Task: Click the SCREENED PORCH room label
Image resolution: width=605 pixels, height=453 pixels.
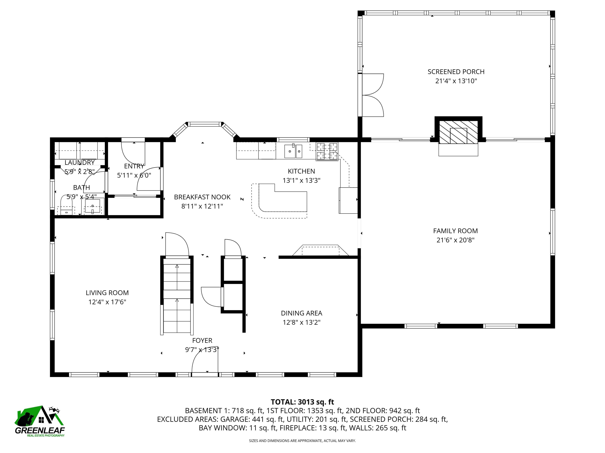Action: tap(456, 72)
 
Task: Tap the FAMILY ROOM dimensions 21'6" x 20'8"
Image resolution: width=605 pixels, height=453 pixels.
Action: tap(455, 240)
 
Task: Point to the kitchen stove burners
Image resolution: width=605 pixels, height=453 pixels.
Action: tap(327, 151)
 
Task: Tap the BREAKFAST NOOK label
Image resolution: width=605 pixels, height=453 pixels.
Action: tap(202, 197)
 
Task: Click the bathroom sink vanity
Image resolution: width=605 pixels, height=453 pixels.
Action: tap(93, 206)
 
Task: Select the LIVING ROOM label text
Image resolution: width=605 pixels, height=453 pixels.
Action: tap(107, 293)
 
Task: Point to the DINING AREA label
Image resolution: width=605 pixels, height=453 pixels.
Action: tap(301, 313)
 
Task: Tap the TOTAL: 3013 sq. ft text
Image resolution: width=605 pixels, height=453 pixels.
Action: tap(302, 402)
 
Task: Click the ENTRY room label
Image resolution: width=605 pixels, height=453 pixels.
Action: tap(134, 166)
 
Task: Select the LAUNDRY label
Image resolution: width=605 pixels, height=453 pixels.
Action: tap(80, 162)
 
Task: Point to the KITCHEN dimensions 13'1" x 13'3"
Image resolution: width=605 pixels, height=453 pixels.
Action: tap(301, 180)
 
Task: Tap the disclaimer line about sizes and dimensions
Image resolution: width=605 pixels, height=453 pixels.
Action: tap(302, 440)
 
